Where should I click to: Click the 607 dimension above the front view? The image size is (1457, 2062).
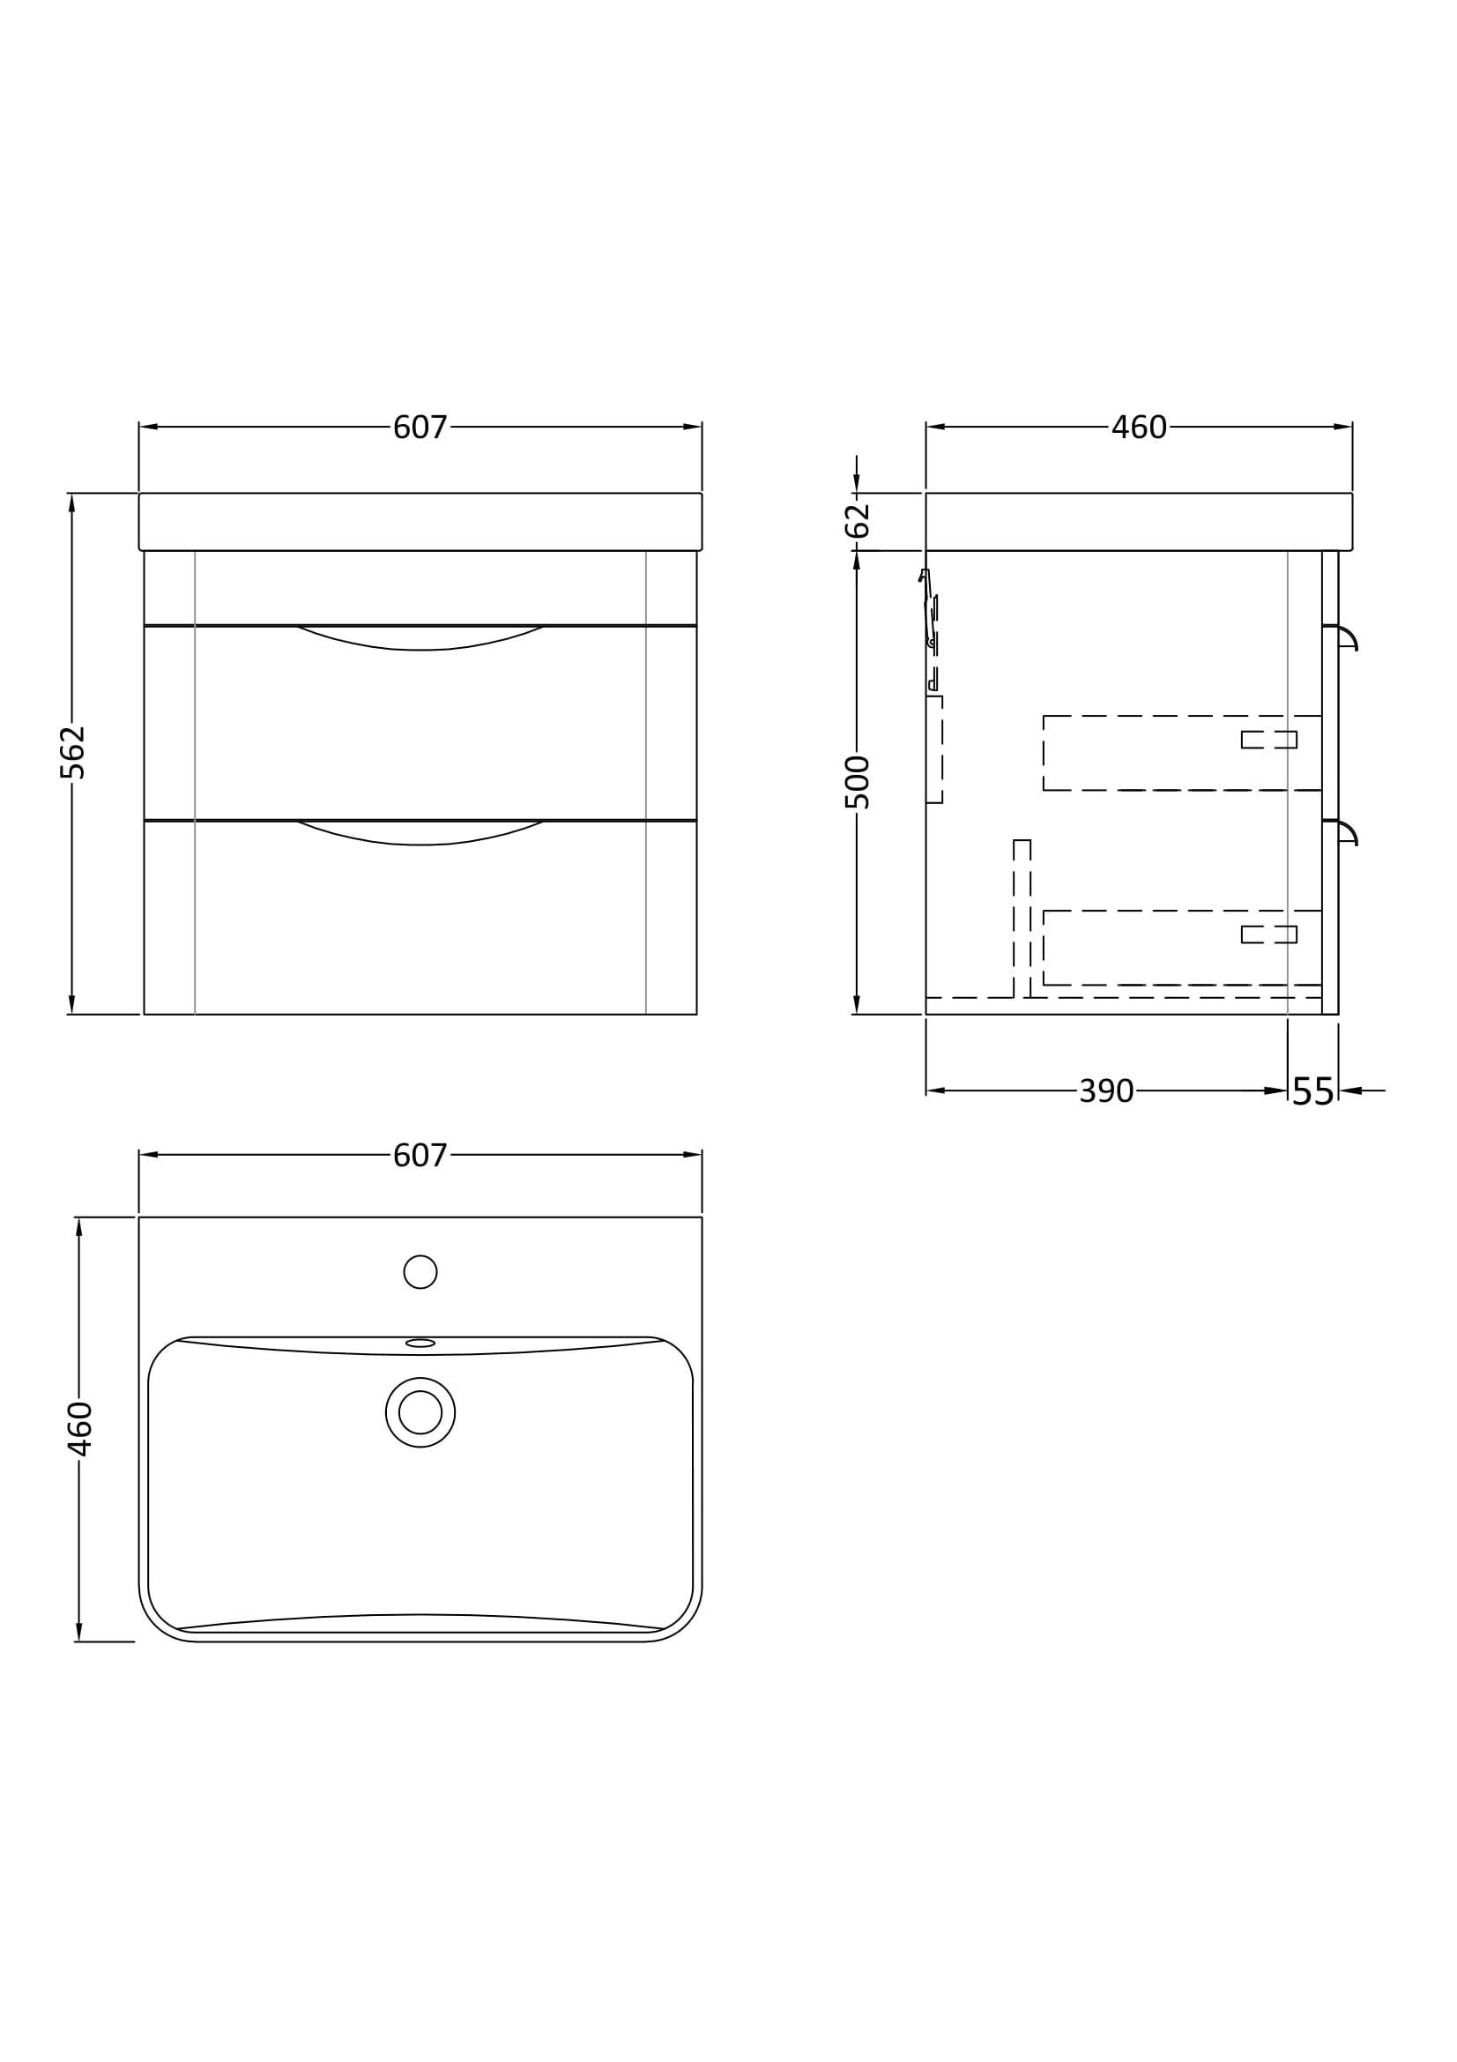point(420,428)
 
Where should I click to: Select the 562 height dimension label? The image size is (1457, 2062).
point(71,753)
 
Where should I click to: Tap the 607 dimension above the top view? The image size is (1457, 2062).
point(420,1156)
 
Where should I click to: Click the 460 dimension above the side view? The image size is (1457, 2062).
point(1139,428)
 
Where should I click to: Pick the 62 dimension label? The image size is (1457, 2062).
point(858,521)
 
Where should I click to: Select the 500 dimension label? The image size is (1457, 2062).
point(858,782)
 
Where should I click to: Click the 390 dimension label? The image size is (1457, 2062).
point(1106,1091)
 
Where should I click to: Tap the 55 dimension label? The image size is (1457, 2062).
point(1313,1092)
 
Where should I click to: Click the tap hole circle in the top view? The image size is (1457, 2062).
point(420,1272)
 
